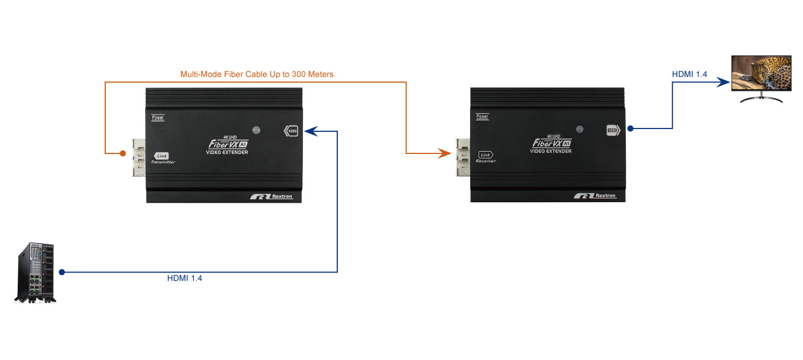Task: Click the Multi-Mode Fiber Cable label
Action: pos(257,74)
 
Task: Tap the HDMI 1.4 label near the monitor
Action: pos(689,74)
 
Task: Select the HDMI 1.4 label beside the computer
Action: pos(184,279)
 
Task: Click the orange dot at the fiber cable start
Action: pos(123,153)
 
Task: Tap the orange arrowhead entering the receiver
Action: pos(445,153)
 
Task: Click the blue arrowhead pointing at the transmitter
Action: pos(311,131)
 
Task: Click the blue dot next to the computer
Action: pos(62,272)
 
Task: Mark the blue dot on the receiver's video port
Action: pos(630,128)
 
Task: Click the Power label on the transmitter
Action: pos(158,117)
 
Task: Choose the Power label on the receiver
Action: pos(482,117)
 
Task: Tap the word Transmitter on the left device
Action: pos(163,162)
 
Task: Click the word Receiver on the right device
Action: pos(486,161)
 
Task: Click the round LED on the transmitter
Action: pos(256,130)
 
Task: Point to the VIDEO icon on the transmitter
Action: pos(291,131)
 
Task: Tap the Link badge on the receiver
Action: pos(486,155)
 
